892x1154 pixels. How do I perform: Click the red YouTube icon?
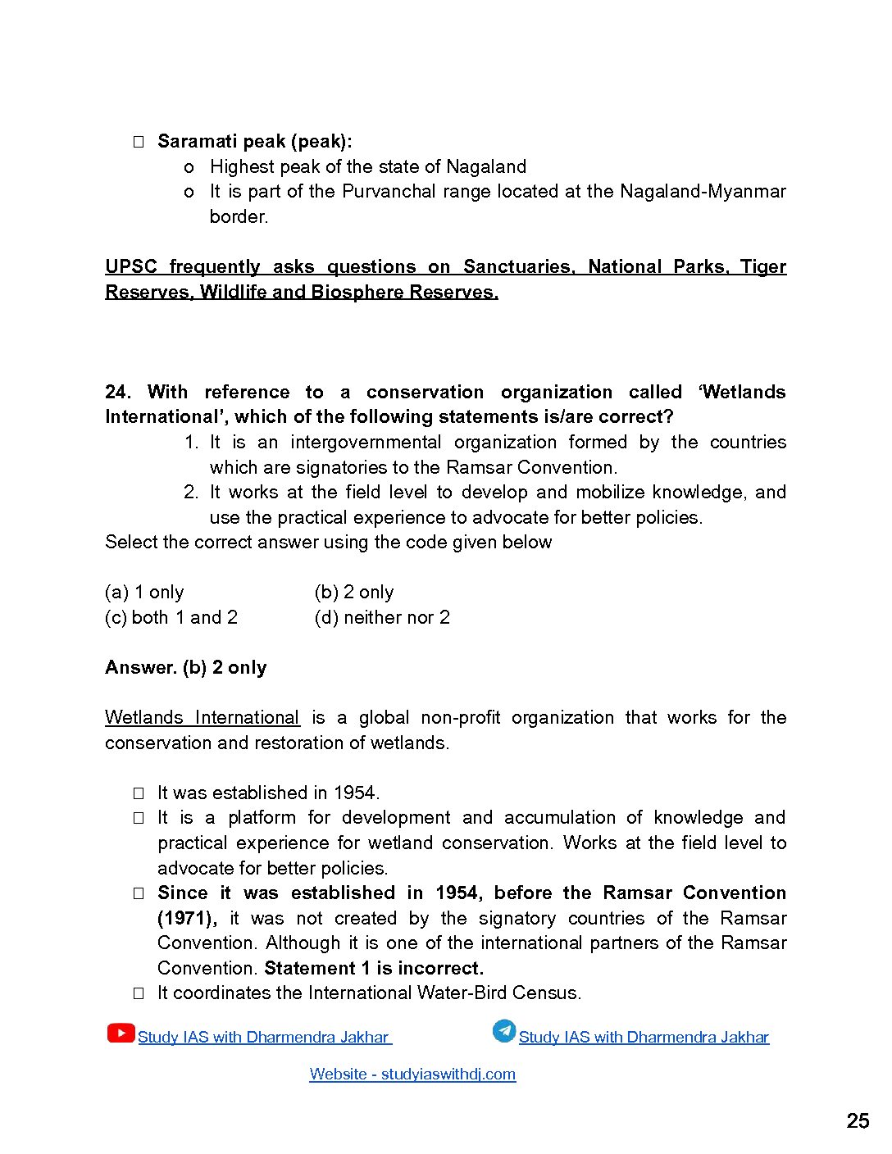click(x=121, y=1033)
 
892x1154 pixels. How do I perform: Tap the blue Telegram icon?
click(x=503, y=1031)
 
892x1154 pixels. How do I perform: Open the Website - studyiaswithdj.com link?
click(x=412, y=1074)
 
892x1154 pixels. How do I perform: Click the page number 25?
click(x=858, y=1121)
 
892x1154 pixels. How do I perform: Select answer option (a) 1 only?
click(x=144, y=592)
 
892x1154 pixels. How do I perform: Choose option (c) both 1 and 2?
click(x=171, y=617)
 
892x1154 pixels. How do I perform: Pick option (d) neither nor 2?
click(x=382, y=617)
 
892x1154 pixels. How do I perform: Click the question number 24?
click(x=117, y=392)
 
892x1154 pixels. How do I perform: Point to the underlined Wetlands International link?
click(x=202, y=717)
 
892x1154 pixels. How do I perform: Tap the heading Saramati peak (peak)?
click(x=254, y=141)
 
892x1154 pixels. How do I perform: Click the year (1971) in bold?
click(x=187, y=918)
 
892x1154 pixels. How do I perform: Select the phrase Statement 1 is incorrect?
click(x=374, y=968)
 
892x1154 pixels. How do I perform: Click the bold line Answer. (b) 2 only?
click(x=186, y=667)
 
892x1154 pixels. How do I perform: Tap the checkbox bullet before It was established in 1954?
click(x=139, y=793)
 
